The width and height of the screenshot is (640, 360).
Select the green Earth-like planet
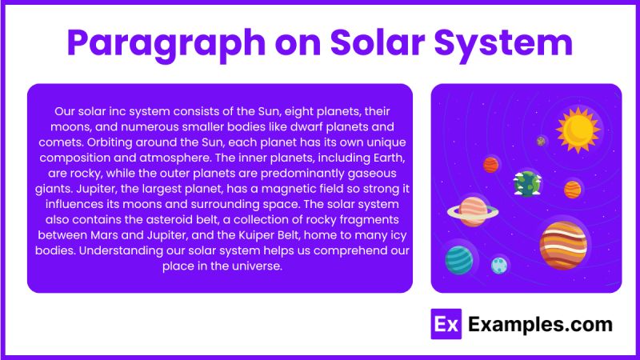pos(527,183)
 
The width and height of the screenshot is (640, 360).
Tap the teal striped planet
pos(458,258)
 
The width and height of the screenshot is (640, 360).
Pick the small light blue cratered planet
pos(500,264)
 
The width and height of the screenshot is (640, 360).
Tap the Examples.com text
pos(540,324)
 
